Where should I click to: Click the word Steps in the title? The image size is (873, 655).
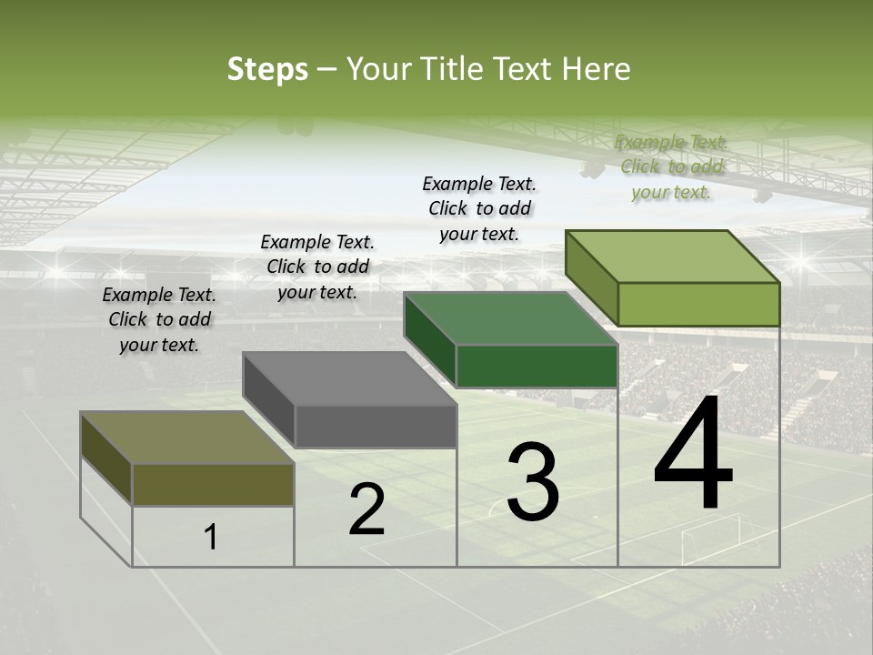(267, 69)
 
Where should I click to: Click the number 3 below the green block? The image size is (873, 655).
(533, 482)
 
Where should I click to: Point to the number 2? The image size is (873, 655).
(367, 509)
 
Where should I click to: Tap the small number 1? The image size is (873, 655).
(211, 538)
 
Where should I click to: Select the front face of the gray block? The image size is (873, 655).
(376, 426)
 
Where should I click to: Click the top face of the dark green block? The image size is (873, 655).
(510, 318)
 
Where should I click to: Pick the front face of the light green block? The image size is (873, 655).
(698, 304)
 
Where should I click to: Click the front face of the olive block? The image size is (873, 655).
(213, 484)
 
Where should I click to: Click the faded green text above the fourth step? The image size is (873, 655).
(671, 167)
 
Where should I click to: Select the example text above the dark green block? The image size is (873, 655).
(479, 208)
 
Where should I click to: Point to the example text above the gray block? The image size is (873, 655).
(317, 267)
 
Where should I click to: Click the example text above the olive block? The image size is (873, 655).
(159, 319)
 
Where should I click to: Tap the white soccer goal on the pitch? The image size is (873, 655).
(710, 537)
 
